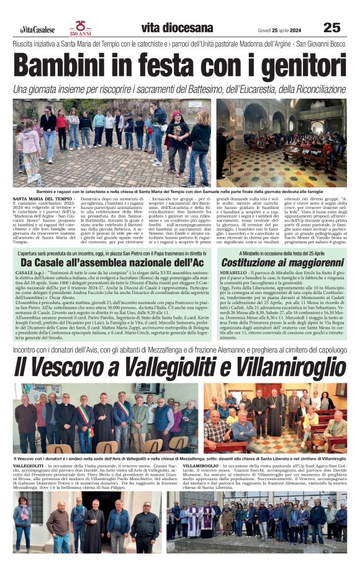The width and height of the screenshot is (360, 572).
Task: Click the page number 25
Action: click(x=332, y=27)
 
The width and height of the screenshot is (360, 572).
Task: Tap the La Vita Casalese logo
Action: click(x=37, y=29)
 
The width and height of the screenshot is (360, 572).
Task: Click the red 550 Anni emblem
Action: click(x=81, y=27)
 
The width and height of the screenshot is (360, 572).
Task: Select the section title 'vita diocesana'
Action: click(x=177, y=27)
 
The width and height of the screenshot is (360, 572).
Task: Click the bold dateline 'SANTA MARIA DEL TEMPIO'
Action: click(x=37, y=199)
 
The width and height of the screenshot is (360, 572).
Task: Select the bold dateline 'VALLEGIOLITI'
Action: click(x=28, y=465)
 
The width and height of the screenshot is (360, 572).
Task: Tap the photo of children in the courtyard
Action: click(x=112, y=143)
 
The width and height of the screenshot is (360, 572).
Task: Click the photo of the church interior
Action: click(x=281, y=143)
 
